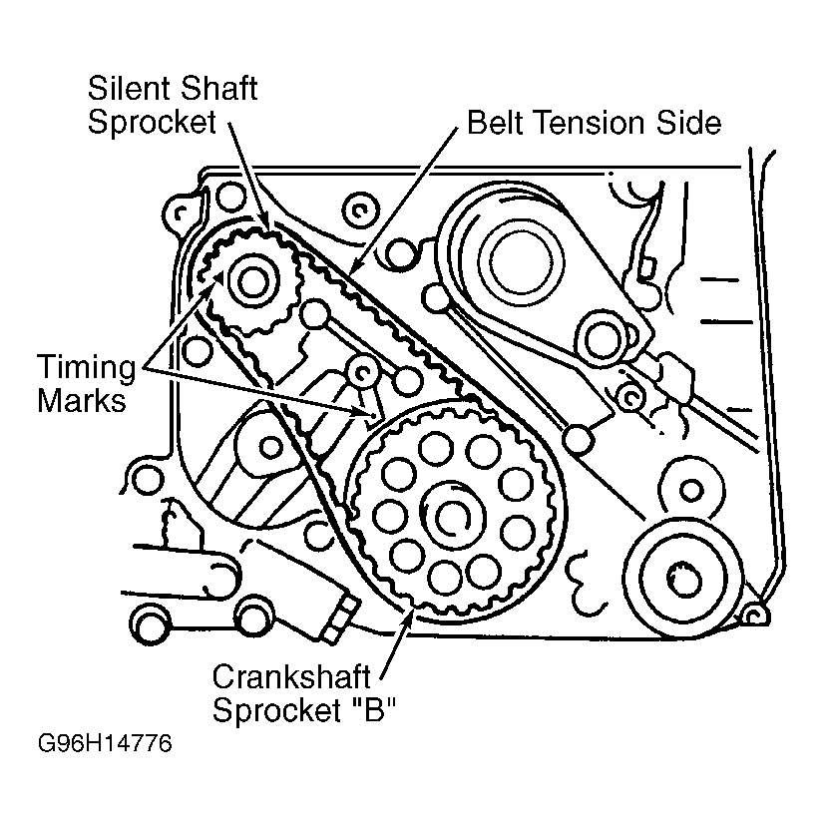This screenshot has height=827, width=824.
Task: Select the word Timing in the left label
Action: [86, 367]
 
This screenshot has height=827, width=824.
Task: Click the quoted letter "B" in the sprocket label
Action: [376, 711]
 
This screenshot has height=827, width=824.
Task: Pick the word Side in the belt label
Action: [688, 123]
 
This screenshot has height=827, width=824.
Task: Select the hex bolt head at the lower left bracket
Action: [337, 616]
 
